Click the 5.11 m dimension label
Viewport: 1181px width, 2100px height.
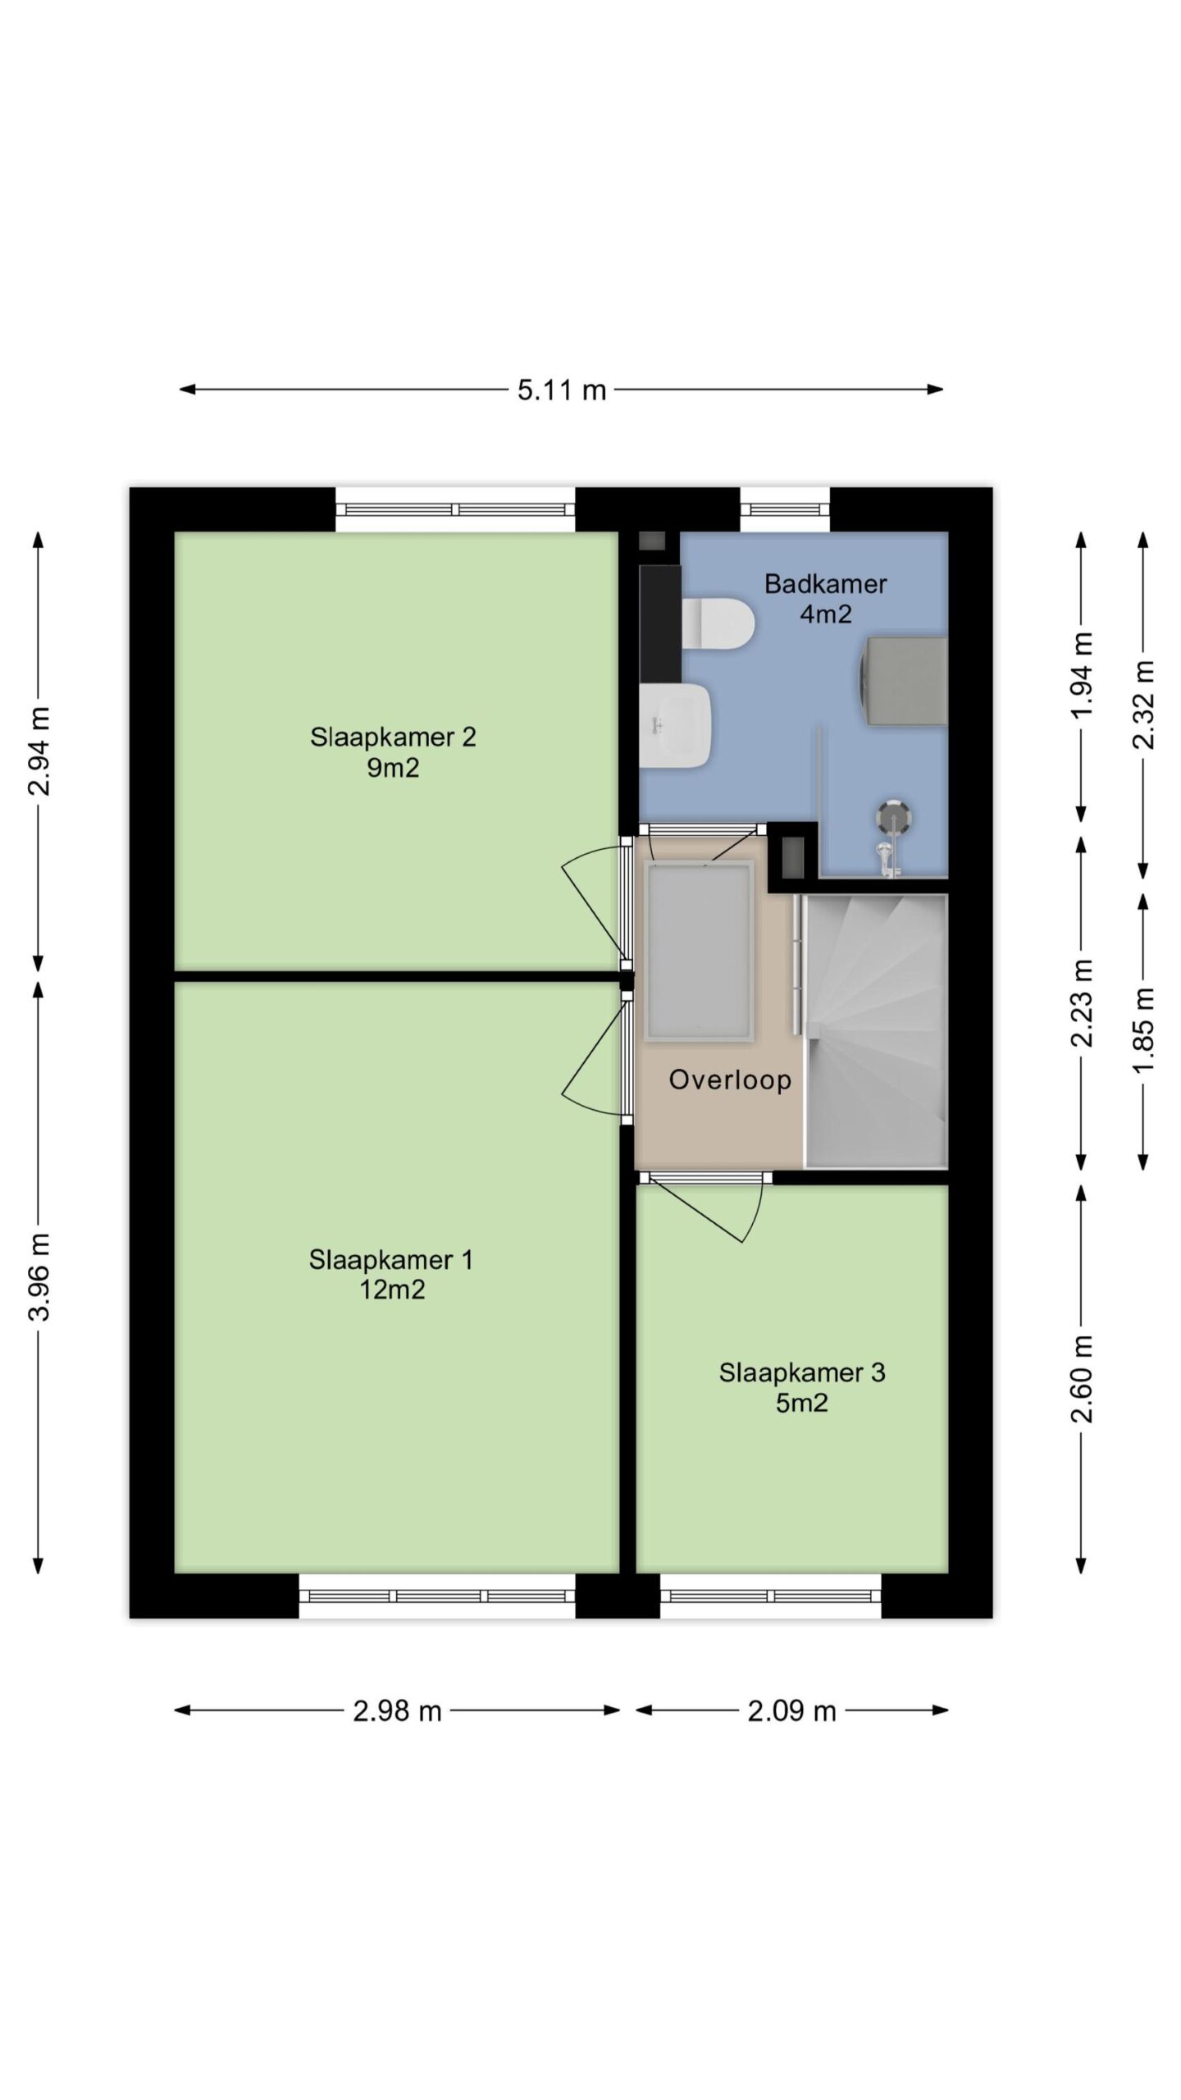[561, 390]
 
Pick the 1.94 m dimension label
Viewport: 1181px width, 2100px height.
[1083, 676]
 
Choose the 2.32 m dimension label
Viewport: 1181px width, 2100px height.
[1143, 705]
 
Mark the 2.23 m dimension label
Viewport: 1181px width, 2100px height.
[1083, 1002]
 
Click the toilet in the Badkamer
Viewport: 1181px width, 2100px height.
[718, 623]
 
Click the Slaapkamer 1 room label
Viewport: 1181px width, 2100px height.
[391, 1274]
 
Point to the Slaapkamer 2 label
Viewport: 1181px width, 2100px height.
[393, 751]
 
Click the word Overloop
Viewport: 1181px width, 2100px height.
[730, 1080]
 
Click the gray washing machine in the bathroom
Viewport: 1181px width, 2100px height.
[903, 682]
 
